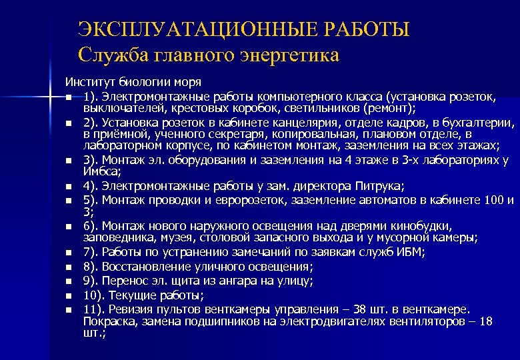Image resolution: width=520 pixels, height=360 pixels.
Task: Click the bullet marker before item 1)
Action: tap(69, 98)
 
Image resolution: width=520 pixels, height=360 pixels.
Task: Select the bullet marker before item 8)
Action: tap(69, 266)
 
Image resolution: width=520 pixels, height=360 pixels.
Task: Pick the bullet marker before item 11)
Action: tap(69, 309)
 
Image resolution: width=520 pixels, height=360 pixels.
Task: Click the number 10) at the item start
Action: tap(95, 295)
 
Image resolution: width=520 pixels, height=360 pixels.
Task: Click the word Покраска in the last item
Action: tap(109, 321)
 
